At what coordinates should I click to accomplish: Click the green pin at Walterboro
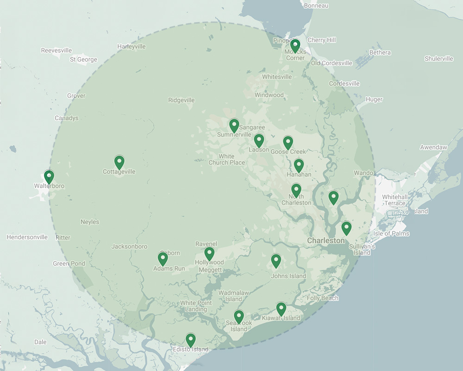49,177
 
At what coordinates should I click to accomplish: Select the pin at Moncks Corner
295,45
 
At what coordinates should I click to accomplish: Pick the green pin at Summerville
234,125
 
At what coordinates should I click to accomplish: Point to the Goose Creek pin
288,142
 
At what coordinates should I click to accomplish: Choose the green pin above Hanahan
299,165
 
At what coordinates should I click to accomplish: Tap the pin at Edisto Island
190,340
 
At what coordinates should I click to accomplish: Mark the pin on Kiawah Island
281,308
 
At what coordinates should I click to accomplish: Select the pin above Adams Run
163,259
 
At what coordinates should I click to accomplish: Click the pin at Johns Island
276,261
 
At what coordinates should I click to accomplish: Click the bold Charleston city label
326,241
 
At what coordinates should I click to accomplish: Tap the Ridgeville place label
181,100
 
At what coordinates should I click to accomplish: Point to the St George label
83,59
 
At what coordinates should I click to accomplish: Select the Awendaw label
433,147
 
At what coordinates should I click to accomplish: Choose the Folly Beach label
322,298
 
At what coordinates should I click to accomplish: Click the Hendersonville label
27,237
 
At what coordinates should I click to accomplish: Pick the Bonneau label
316,6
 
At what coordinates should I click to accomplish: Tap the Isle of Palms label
391,233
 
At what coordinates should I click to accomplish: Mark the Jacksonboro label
129,247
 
